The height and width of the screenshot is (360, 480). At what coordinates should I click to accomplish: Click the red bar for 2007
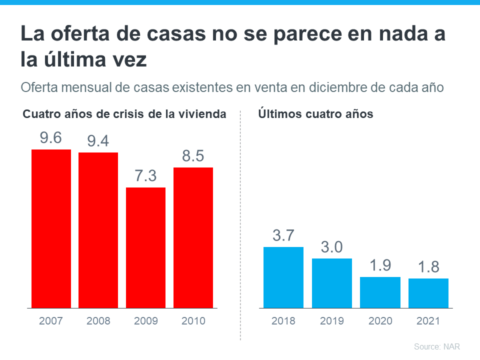coord(50,228)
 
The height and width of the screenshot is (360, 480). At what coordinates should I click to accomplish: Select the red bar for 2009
coord(145,247)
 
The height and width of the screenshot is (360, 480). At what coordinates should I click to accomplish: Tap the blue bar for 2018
coord(283,277)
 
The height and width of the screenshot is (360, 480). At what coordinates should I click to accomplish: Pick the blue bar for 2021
coord(428,293)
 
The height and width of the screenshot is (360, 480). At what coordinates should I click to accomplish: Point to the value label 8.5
coord(193,156)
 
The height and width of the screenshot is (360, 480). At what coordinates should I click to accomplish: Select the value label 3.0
coord(331,247)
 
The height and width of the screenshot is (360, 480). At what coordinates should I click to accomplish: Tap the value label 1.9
coord(380,266)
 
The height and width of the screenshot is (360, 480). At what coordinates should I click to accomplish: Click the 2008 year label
coord(98,321)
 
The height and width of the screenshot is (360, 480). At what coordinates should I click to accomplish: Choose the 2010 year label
coord(193,321)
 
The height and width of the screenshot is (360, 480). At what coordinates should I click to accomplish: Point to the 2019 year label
coord(331,321)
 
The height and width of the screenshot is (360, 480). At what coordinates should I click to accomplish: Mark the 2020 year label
coord(380,321)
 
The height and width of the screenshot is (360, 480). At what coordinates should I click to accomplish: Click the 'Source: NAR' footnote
coord(436,346)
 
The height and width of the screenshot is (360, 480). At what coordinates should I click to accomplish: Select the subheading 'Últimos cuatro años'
coord(315,114)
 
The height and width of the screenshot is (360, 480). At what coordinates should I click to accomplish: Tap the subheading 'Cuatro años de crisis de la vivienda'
coord(124,114)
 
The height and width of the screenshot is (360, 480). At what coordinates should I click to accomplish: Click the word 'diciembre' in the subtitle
coord(337,87)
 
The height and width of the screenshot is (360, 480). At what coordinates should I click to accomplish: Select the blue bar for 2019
coord(331,282)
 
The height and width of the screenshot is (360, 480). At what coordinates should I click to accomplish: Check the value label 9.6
coord(50,138)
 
